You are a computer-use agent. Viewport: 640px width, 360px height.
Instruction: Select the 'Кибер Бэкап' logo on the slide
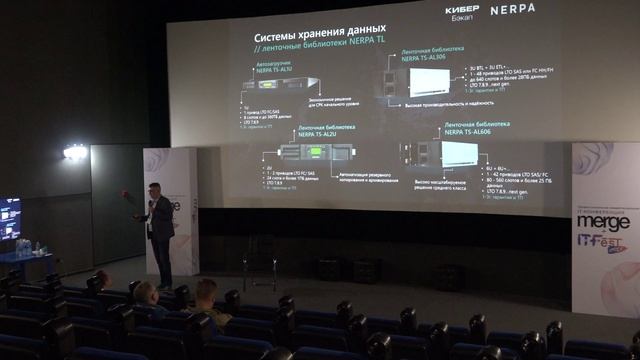click(462, 11)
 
